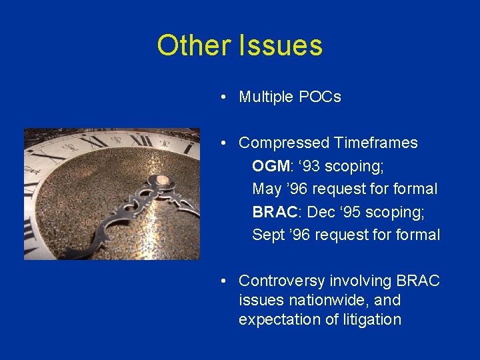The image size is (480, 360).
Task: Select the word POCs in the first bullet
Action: (319, 97)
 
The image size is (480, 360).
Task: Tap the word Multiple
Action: (266, 97)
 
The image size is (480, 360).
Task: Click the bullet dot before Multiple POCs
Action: (227, 97)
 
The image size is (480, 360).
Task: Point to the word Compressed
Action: (284, 143)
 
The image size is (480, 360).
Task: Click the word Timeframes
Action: (376, 143)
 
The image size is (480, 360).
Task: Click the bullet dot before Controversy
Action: (227, 281)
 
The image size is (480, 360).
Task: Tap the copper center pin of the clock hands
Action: (163, 182)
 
